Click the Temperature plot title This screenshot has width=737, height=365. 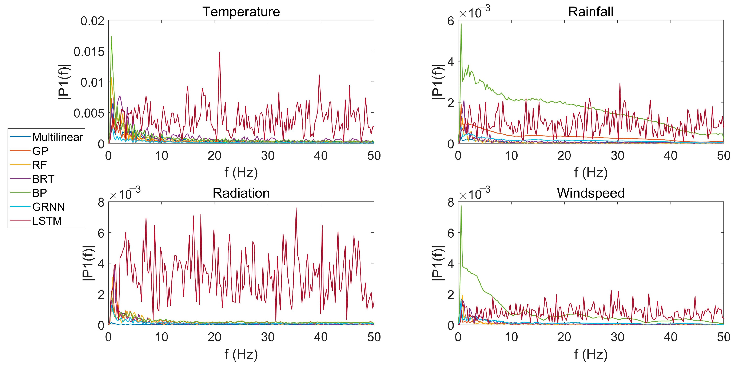coord(241,12)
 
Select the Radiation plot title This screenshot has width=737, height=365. coord(241,193)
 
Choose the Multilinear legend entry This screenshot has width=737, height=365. coord(57,137)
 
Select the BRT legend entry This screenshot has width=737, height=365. coord(43,179)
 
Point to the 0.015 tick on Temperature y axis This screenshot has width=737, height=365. coord(89,52)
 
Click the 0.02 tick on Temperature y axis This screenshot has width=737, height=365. coord(92,21)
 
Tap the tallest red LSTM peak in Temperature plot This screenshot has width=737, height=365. coord(219,52)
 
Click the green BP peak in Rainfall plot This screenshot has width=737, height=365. coord(461,24)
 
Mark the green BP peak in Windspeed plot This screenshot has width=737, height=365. coord(461,206)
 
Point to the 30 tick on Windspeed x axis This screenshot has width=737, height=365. coord(617,337)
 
